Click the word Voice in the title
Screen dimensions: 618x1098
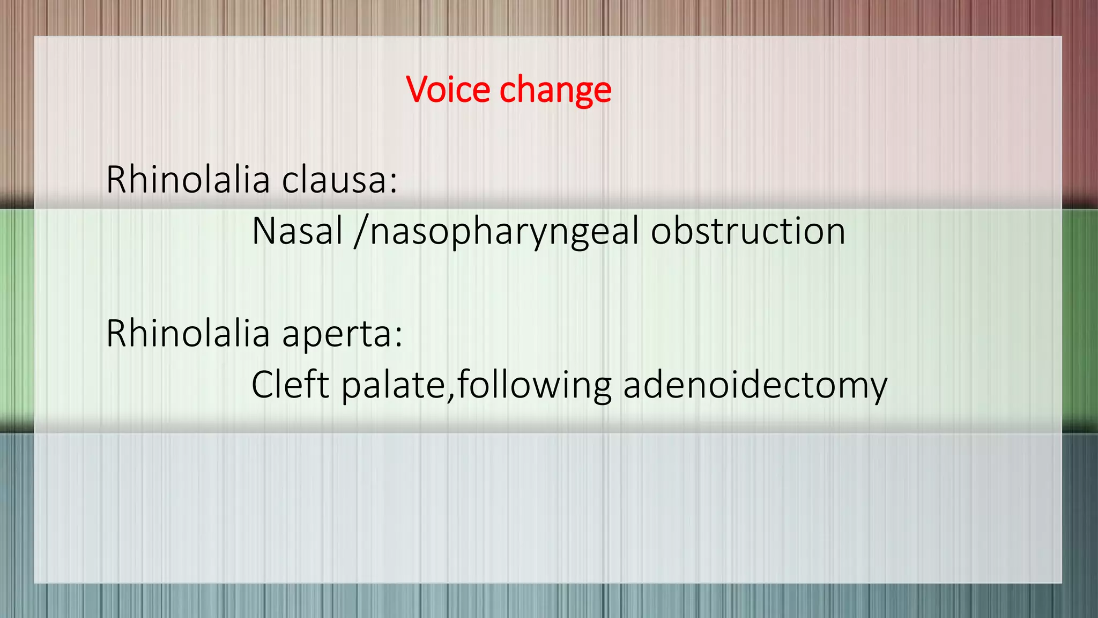[x=448, y=89]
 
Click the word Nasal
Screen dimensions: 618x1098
[x=297, y=231]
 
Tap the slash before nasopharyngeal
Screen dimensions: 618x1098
[x=360, y=232]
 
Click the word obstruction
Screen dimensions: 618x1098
[x=748, y=231]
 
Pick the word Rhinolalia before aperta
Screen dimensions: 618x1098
[x=188, y=333]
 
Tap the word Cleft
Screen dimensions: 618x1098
[x=290, y=385]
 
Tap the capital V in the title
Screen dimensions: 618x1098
[x=418, y=89]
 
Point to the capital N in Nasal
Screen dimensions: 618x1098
[x=264, y=231]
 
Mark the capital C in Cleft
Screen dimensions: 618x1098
[x=263, y=385]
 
